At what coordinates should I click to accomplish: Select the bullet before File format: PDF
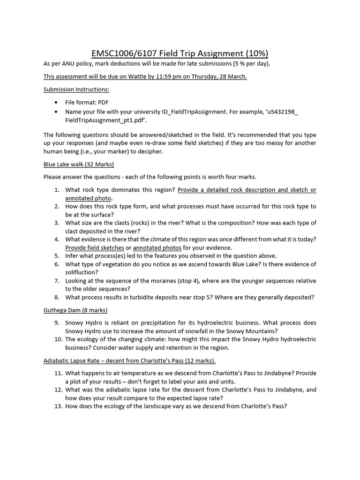tap(57, 102)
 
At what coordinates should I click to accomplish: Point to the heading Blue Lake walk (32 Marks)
tap(79, 165)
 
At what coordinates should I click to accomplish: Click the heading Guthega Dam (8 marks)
tap(75, 311)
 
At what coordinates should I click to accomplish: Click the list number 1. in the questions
tap(56, 190)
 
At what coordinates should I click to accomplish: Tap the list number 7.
tap(56, 281)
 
